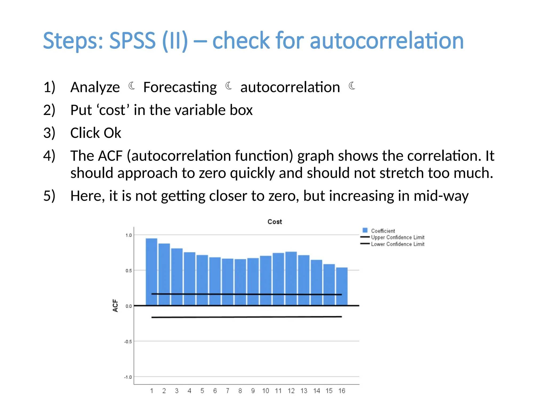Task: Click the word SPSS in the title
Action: (x=132, y=41)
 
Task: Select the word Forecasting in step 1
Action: (x=180, y=87)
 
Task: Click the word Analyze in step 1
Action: (x=95, y=87)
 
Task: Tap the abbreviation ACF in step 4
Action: (x=110, y=156)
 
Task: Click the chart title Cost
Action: (x=275, y=222)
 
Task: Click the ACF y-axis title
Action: (x=115, y=305)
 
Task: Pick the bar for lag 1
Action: (x=151, y=272)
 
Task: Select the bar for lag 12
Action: (x=291, y=278)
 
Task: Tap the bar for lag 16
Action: (x=342, y=286)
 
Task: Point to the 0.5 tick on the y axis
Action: (x=129, y=271)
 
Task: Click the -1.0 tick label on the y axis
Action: (x=128, y=377)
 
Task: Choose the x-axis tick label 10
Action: (x=266, y=391)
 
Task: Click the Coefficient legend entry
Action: (x=383, y=231)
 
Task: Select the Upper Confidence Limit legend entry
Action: (x=397, y=237)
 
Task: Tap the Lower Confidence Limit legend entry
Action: (x=397, y=244)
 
